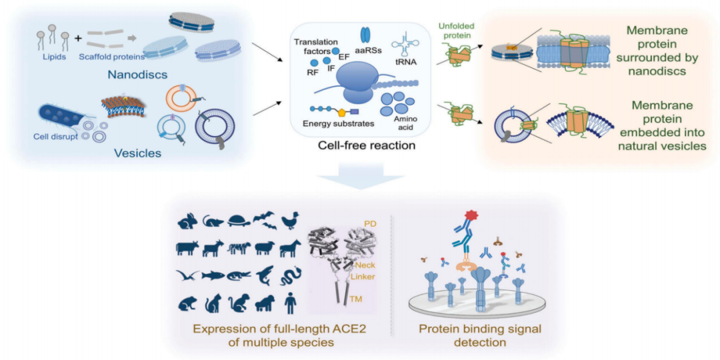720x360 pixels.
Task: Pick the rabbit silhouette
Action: click(x=187, y=221)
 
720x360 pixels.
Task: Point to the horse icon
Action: click(x=291, y=249)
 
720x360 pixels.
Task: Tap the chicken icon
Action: click(x=291, y=220)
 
